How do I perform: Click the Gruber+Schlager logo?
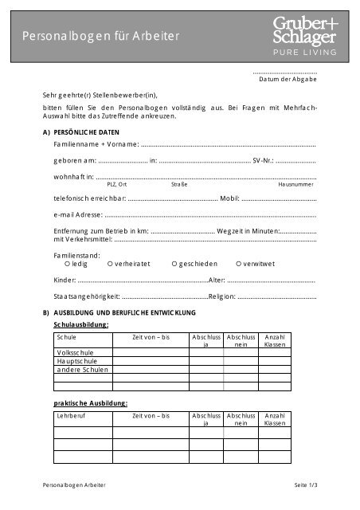(306, 36)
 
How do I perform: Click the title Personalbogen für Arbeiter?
(101, 37)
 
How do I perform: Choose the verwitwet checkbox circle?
(238, 264)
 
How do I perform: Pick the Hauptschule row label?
(76, 361)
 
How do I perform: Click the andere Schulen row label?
(82, 370)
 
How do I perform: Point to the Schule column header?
(66, 338)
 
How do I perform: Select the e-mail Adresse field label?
(78, 215)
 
